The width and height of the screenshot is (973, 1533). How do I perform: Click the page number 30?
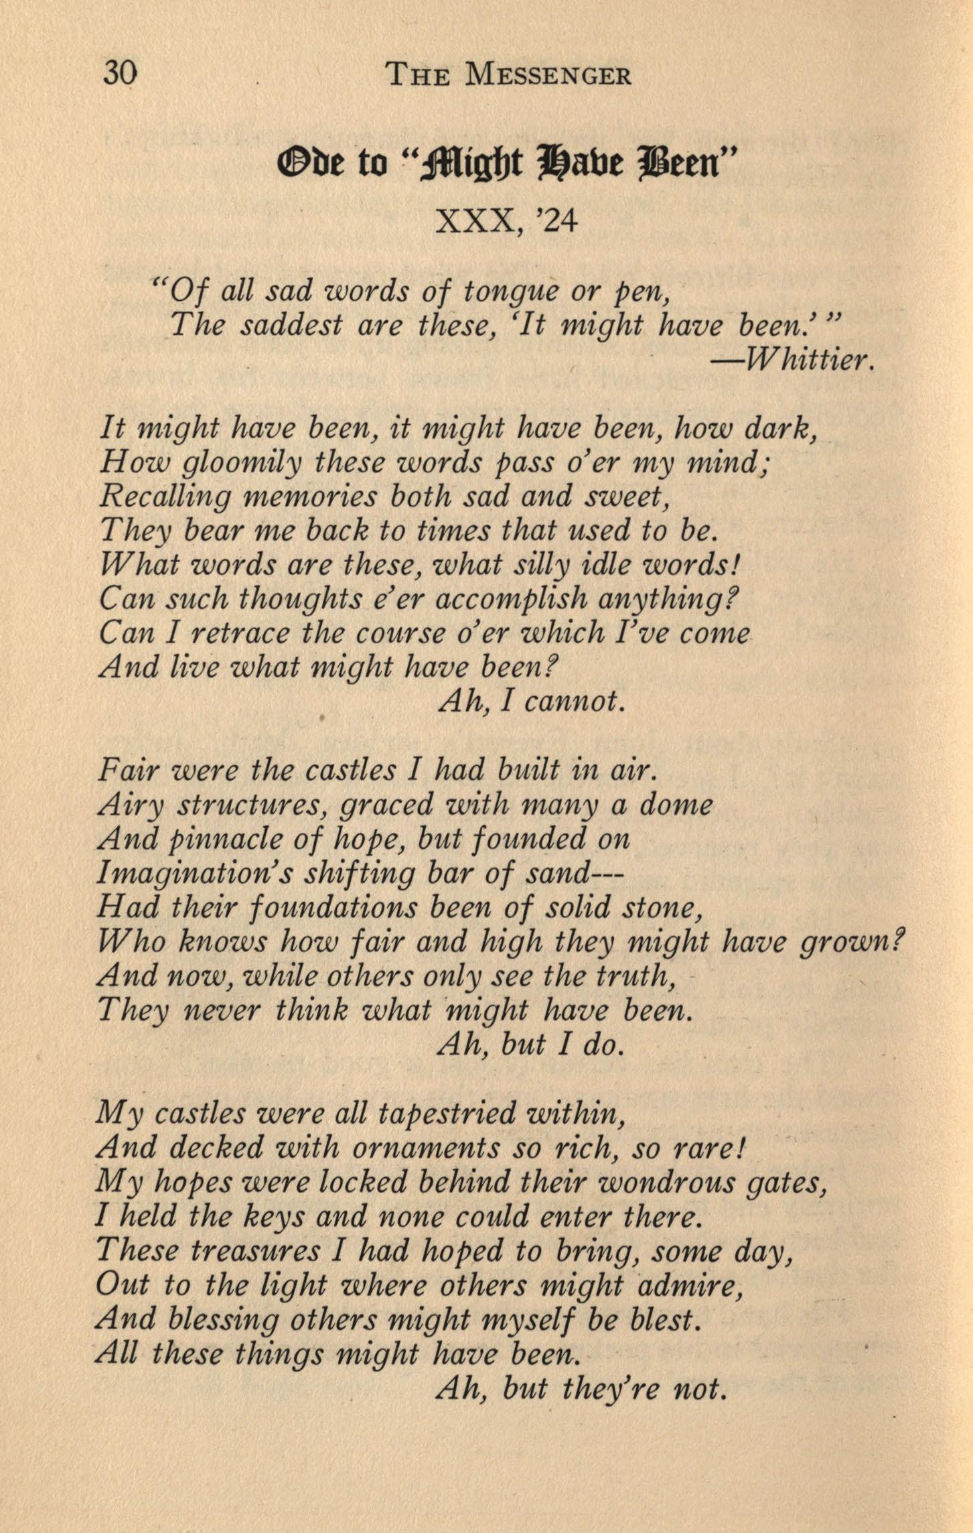coord(121,72)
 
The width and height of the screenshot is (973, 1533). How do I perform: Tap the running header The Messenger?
coord(508,74)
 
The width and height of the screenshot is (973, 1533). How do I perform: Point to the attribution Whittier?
coord(794,362)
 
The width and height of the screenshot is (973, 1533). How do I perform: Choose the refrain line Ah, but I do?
coord(530,1045)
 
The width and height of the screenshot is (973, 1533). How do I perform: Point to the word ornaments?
coord(425,1148)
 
